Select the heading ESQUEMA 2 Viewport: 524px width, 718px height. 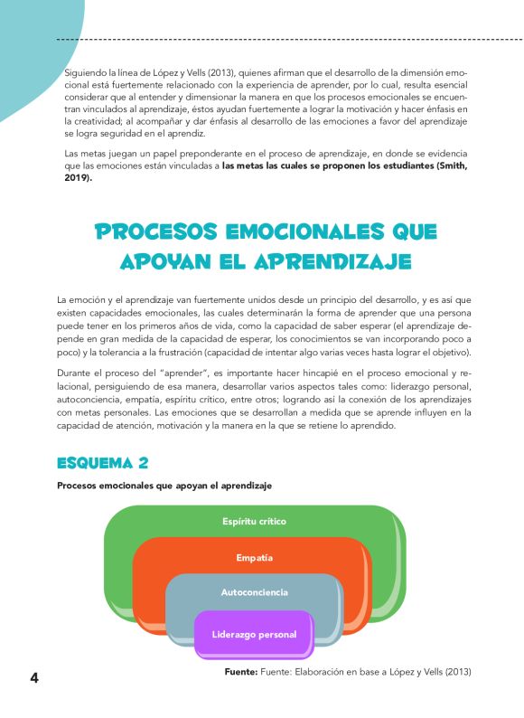pos(102,463)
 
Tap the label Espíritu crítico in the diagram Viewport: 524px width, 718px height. pos(255,522)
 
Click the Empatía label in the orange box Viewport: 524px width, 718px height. pos(254,557)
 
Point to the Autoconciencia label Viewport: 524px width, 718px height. pos(254,592)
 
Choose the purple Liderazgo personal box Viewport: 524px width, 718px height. pos(254,634)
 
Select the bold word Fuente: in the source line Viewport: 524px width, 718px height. pos(241,672)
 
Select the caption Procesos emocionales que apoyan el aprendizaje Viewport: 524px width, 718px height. pos(164,486)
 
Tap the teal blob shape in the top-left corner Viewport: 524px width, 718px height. pos(23,54)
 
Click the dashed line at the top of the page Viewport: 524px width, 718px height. pos(289,40)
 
